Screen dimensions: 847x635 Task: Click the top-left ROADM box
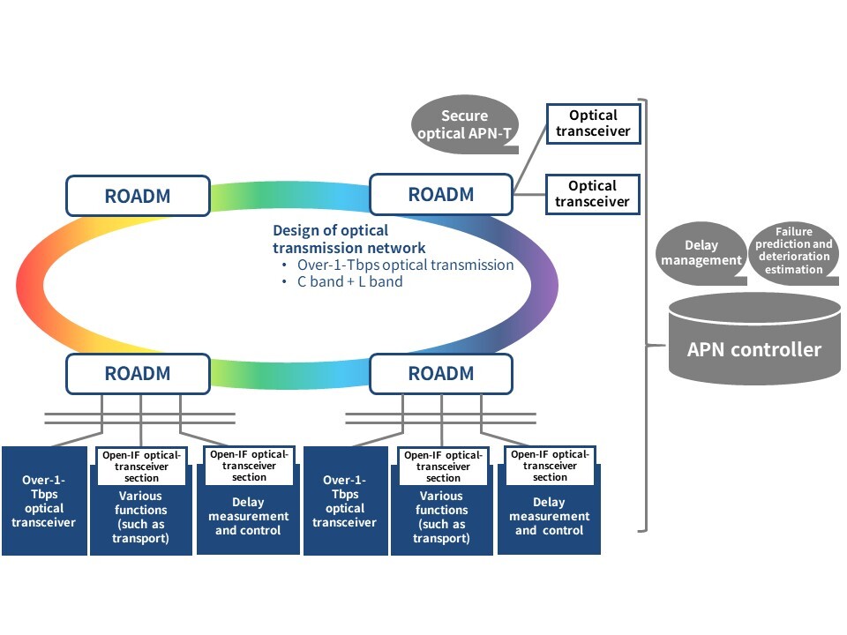[x=138, y=196]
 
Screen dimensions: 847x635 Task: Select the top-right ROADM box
[x=441, y=194]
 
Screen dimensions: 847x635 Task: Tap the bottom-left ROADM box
[x=138, y=373]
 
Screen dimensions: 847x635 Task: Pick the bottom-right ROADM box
[x=441, y=373]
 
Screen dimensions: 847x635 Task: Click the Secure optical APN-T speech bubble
[x=465, y=124]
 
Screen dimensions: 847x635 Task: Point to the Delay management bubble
[x=701, y=253]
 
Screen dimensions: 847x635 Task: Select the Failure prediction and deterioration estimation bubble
[x=793, y=250]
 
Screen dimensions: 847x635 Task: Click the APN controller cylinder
[x=754, y=339]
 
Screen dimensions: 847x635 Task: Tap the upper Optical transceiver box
[x=593, y=123]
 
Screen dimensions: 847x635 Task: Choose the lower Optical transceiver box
[x=593, y=194]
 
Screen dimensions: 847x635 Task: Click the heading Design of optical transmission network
[x=349, y=239]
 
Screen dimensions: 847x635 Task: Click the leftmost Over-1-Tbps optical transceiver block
[x=44, y=501]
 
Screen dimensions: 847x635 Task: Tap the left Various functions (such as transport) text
[x=140, y=517]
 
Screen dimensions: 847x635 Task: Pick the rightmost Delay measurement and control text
[x=550, y=516]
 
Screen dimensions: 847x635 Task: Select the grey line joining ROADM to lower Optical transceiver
[x=529, y=194]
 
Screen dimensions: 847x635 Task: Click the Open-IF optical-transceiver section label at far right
[x=550, y=466]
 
